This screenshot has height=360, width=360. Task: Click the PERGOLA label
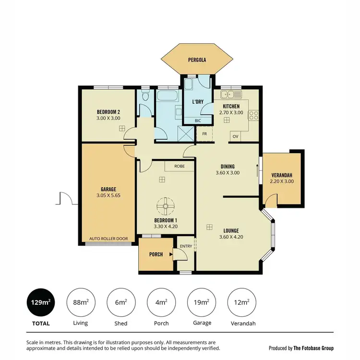[197, 60]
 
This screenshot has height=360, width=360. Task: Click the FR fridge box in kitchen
[204, 134]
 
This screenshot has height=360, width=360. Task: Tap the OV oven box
[236, 136]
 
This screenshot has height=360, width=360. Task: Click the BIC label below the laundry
[198, 121]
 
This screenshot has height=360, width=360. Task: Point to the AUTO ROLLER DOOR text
[108, 239]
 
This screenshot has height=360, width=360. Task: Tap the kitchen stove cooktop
[253, 115]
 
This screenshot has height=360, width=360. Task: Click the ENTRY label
[186, 246]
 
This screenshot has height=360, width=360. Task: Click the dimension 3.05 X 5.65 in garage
[108, 195]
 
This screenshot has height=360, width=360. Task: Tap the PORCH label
[156, 254]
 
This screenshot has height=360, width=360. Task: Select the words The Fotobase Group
[314, 348]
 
